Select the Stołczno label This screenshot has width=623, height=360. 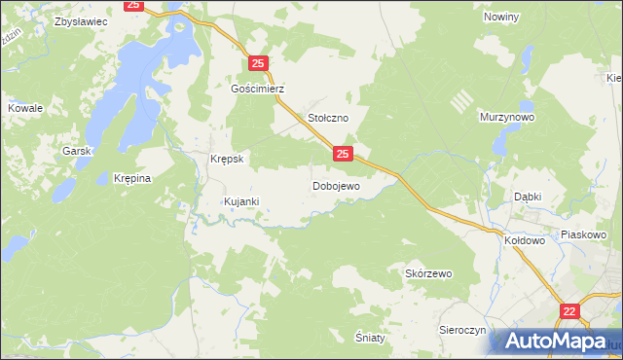(x=328, y=118)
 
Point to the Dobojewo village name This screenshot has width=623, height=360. (x=336, y=185)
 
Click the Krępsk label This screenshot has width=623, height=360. (x=226, y=159)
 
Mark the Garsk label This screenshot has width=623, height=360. (x=76, y=151)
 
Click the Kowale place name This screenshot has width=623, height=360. (x=25, y=108)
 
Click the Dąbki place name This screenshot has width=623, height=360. (x=528, y=196)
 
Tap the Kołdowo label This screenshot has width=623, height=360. (x=525, y=238)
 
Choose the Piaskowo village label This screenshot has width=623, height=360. (x=584, y=234)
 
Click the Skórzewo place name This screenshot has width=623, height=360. (x=428, y=274)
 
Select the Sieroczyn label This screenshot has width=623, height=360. (x=462, y=331)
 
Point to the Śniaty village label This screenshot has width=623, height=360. (x=371, y=337)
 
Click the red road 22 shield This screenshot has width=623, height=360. (x=569, y=310)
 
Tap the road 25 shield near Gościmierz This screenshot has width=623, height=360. (x=258, y=63)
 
